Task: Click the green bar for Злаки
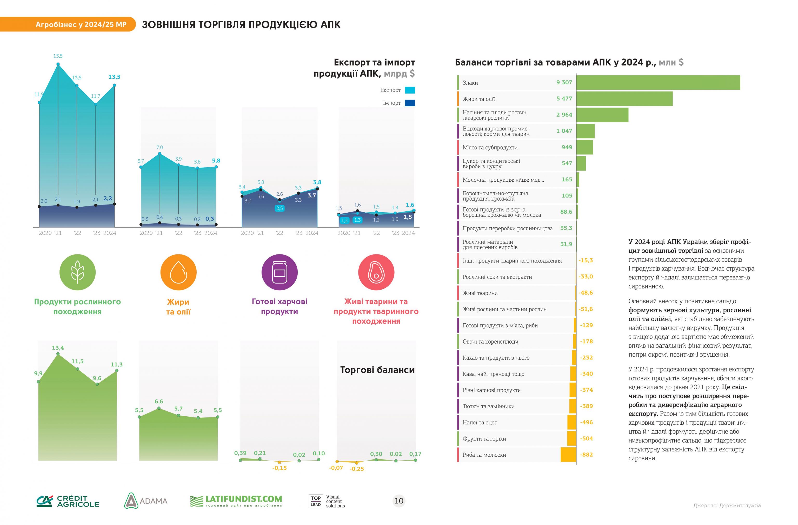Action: click(x=658, y=83)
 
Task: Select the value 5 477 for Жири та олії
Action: click(x=564, y=99)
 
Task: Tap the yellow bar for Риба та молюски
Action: click(x=568, y=455)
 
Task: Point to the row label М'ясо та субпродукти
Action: click(x=490, y=148)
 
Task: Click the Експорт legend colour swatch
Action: click(x=410, y=90)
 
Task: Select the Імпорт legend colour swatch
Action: click(x=410, y=103)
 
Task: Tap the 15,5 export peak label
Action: click(x=58, y=56)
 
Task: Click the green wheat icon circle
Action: click(x=77, y=272)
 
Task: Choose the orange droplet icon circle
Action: click(x=178, y=272)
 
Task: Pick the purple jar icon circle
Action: click(x=279, y=272)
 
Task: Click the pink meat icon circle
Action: click(x=376, y=272)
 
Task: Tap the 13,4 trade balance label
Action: click(x=58, y=348)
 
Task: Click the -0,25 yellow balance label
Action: click(x=356, y=469)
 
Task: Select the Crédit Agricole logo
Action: click(x=68, y=501)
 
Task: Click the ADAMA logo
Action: click(x=146, y=501)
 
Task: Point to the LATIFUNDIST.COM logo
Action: click(x=236, y=501)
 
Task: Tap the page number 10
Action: click(x=399, y=501)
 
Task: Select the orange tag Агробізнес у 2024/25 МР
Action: click(x=81, y=24)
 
